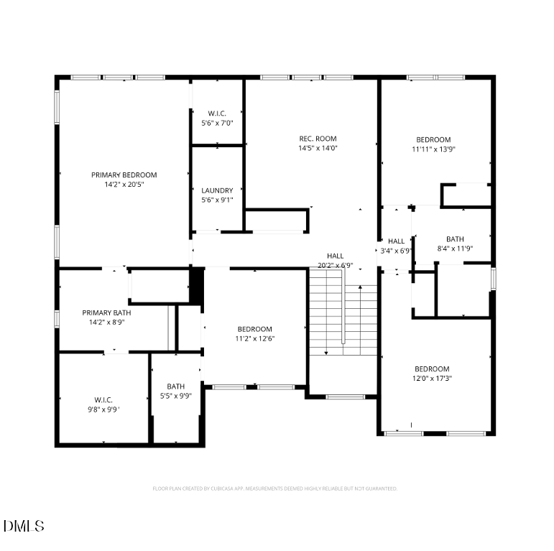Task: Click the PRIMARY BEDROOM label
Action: (x=124, y=175)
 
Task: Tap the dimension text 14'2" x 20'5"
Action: (x=124, y=185)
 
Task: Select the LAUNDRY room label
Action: (x=217, y=190)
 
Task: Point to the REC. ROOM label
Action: (x=318, y=139)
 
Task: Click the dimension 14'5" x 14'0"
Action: (x=318, y=149)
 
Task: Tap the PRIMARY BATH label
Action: (x=106, y=312)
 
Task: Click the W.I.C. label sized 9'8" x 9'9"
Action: (x=103, y=399)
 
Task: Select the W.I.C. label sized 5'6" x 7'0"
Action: (x=217, y=114)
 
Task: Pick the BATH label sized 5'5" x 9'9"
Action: (x=176, y=386)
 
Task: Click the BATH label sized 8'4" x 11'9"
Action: (x=455, y=239)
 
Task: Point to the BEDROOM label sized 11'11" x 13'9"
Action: (x=433, y=139)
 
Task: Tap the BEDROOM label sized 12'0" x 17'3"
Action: (x=432, y=369)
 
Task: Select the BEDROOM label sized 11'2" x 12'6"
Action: (x=255, y=329)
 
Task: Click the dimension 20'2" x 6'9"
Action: (x=336, y=266)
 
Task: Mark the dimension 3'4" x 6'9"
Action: (x=396, y=251)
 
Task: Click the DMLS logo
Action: (x=24, y=526)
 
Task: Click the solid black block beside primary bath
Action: (x=196, y=285)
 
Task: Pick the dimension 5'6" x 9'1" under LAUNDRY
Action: (x=217, y=200)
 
